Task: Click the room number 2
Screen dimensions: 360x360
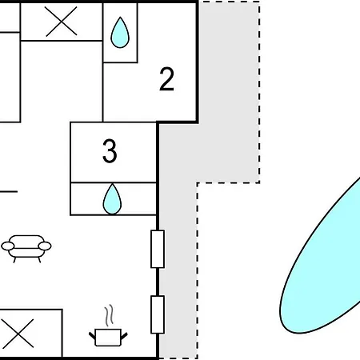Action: click(166, 79)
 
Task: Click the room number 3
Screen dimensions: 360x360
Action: click(110, 151)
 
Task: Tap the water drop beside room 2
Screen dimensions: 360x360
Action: click(120, 33)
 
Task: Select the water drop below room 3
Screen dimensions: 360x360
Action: click(112, 199)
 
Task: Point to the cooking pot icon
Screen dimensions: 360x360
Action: click(108, 338)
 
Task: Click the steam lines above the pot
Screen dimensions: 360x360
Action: click(109, 315)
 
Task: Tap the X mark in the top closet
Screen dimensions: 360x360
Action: click(61, 22)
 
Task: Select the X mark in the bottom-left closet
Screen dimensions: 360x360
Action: click(18, 334)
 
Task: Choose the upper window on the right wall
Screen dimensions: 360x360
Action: click(158, 249)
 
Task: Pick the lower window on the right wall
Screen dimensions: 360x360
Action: click(158, 314)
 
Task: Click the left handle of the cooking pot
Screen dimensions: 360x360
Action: click(92, 335)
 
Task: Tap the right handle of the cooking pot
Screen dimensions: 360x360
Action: click(124, 335)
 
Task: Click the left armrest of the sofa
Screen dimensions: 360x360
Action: click(8, 246)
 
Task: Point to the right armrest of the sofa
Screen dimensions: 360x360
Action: click(45, 246)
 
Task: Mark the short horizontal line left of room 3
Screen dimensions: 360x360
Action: click(9, 191)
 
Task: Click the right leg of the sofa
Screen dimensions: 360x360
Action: click(39, 260)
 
